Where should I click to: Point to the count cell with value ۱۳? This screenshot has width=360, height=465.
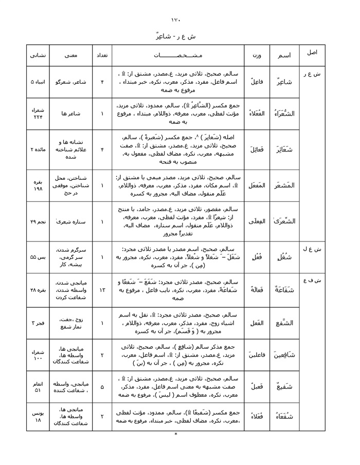click(102, 290)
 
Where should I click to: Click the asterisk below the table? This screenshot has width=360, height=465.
click(176, 434)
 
